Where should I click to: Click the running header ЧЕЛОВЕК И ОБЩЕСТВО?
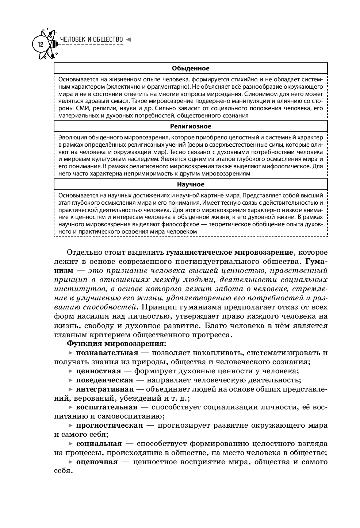click(x=91, y=39)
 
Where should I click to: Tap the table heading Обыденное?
click(x=191, y=68)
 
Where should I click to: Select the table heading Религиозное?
click(x=191, y=126)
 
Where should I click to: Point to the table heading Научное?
click(x=191, y=184)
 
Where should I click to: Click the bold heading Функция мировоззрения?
click(x=116, y=344)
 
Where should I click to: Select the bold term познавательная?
click(x=107, y=353)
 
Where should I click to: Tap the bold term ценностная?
click(x=98, y=371)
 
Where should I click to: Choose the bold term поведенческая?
click(x=104, y=380)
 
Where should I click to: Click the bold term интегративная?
click(x=105, y=389)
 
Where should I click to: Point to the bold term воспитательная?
click(x=107, y=407)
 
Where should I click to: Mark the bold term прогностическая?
click(x=109, y=425)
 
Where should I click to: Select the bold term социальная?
click(x=99, y=444)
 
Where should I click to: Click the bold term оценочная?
click(x=97, y=462)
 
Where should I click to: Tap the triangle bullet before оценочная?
click(x=70, y=462)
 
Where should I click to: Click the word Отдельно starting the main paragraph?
click(x=81, y=253)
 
